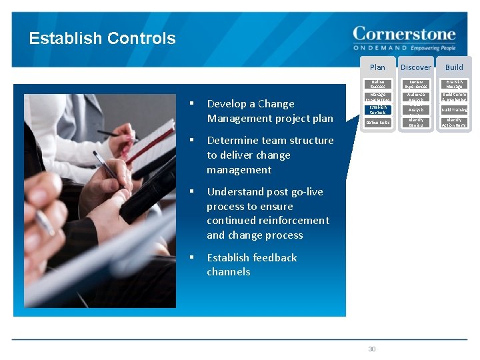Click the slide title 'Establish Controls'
(102, 39)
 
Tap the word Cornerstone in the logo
(404, 34)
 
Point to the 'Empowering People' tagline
(433, 48)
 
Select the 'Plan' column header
(377, 67)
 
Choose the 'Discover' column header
(415, 67)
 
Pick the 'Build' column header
(454, 67)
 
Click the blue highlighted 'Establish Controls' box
(377, 109)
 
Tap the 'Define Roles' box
(377, 123)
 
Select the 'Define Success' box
(377, 84)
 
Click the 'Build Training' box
(454, 109)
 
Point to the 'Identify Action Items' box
(454, 123)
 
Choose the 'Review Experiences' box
(415, 84)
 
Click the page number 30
(372, 349)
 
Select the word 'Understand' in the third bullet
(236, 192)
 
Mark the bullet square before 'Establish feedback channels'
(191, 257)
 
